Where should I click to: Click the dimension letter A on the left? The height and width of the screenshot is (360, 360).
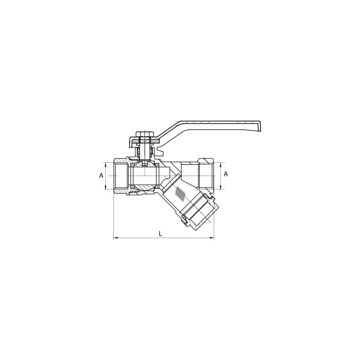click(101, 175)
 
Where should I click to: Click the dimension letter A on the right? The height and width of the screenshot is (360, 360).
click(226, 174)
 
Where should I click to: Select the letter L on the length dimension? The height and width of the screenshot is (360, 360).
click(161, 234)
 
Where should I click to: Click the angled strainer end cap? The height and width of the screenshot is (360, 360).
click(202, 212)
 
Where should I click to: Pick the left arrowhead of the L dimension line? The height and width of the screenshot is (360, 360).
click(116, 238)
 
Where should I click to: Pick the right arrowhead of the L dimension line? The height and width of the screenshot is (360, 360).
click(212, 238)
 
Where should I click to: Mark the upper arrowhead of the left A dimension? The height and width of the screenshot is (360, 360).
click(106, 164)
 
